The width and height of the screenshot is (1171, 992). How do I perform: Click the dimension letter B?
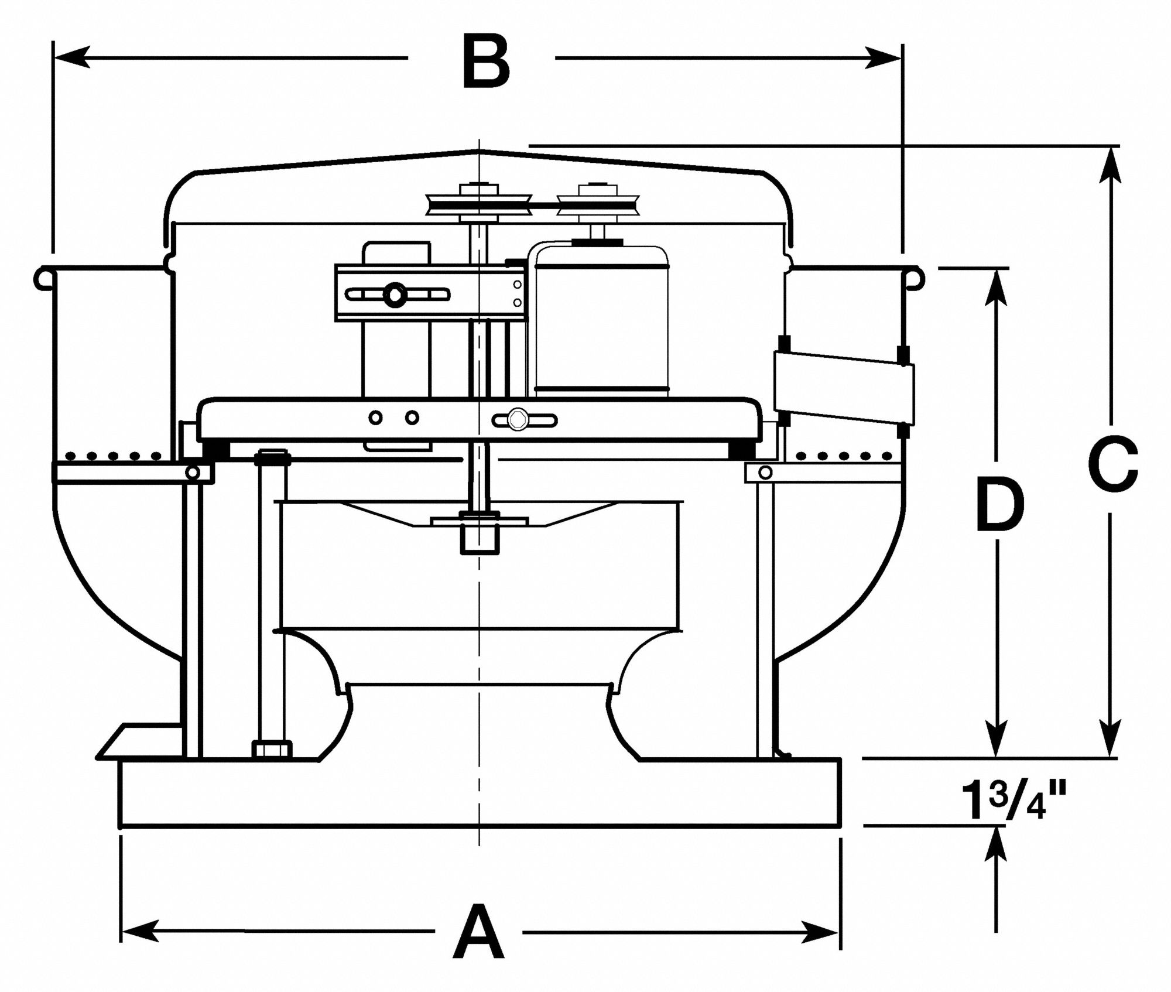pos(486,61)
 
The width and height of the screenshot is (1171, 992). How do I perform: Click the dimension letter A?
pos(479,932)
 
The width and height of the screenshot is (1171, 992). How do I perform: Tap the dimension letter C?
pos(1113,463)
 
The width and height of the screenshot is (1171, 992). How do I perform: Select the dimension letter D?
pos(1000,504)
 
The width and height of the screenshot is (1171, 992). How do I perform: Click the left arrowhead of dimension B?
pos(71,58)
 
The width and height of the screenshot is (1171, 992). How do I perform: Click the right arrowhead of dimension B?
pos(884,58)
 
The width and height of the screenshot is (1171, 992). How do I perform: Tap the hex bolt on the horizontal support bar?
pos(516,419)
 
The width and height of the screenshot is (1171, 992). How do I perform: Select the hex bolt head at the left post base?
pos(272,749)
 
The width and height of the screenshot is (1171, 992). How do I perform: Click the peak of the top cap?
pos(479,150)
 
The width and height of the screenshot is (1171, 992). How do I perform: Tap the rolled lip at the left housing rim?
pos(43,277)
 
